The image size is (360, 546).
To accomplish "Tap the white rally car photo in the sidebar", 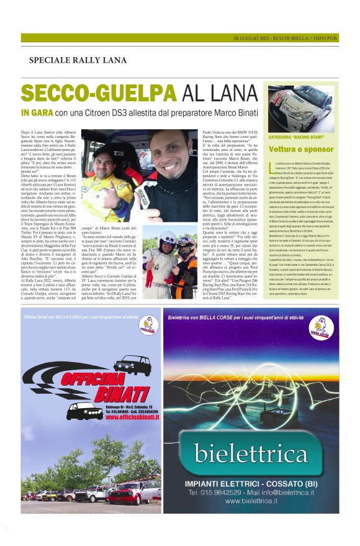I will [300, 106].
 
